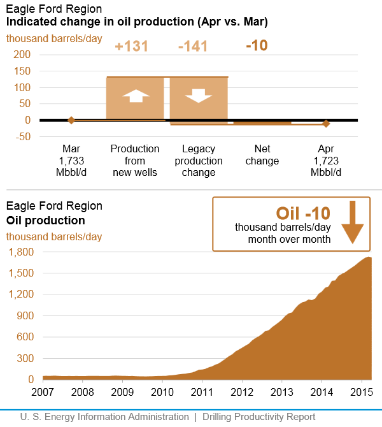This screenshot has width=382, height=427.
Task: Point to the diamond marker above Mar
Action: [71, 120]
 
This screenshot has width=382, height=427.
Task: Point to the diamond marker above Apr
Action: [326, 124]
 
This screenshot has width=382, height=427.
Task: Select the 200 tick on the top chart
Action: [22, 55]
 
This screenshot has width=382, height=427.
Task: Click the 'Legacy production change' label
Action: [199, 161]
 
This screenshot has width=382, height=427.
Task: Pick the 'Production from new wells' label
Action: [135, 161]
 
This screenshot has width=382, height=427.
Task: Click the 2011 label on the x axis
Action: [202, 391]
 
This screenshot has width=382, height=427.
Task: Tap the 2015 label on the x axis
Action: [362, 391]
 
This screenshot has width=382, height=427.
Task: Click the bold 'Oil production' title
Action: [45, 221]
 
